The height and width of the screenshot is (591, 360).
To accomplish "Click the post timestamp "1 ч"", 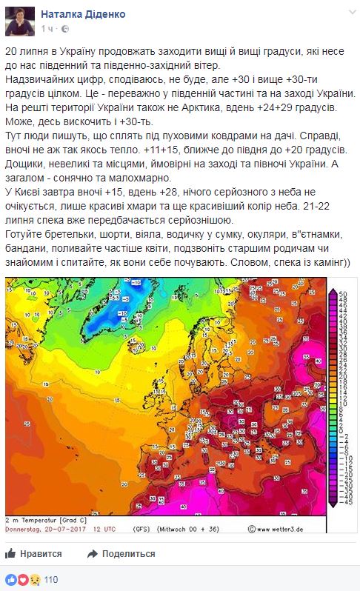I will (48, 28).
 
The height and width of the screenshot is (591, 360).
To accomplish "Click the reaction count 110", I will (51, 579).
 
